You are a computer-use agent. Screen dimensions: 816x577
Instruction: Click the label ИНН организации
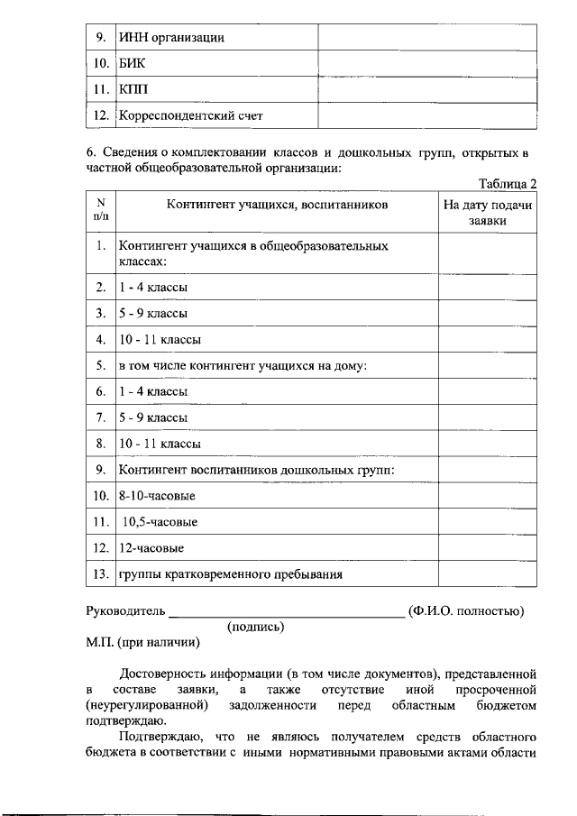click(171, 38)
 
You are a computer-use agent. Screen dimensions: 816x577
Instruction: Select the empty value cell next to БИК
click(427, 64)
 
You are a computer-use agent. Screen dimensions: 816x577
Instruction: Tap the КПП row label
click(131, 90)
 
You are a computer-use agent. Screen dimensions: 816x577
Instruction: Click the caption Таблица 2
click(508, 184)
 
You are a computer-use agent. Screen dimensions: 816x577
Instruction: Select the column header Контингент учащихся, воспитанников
click(277, 206)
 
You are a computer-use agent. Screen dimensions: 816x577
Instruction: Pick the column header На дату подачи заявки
click(488, 213)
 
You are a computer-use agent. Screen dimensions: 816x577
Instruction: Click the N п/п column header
click(101, 210)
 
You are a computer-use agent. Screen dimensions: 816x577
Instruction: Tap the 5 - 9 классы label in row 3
click(153, 314)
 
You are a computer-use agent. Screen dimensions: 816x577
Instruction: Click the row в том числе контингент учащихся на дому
click(243, 366)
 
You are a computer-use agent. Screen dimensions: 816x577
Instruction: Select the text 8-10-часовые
click(157, 496)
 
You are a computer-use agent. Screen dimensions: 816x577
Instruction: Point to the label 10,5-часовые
click(160, 522)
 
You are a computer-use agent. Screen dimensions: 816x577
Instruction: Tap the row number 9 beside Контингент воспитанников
click(101, 470)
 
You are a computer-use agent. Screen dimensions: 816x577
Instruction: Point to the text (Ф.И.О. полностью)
click(466, 611)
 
